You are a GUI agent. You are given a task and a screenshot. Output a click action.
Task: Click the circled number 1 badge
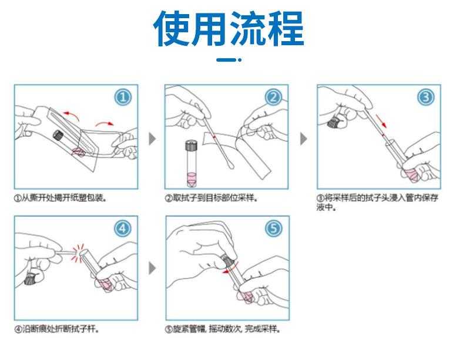coord(123,97)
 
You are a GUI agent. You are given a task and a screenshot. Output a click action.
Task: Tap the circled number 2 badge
coord(273,97)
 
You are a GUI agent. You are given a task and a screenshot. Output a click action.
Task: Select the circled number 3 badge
coord(426,97)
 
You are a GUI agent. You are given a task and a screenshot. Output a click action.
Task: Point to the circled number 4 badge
coord(123,228)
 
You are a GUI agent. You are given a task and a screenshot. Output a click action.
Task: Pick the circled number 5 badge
coord(273,228)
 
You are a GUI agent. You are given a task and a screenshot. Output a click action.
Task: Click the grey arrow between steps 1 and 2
coord(152,139)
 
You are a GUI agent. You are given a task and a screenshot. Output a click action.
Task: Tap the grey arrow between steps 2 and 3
coord(304,139)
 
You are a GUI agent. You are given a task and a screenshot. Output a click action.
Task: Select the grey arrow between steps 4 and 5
coord(152,268)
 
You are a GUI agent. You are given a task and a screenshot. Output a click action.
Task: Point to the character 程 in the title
coord(286,28)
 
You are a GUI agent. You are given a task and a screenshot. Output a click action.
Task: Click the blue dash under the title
coord(229,60)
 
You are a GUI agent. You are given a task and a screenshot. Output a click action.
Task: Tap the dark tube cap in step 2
coord(191,146)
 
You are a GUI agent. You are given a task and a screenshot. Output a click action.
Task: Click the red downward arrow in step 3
coord(381,121)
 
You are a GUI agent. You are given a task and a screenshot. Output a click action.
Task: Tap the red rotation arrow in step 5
coord(230,268)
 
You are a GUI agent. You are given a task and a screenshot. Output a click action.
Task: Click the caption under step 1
coord(61,198)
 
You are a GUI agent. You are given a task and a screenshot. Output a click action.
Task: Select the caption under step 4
coord(56,329)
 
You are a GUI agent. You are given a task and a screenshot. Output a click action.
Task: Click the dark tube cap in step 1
coord(58,135)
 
